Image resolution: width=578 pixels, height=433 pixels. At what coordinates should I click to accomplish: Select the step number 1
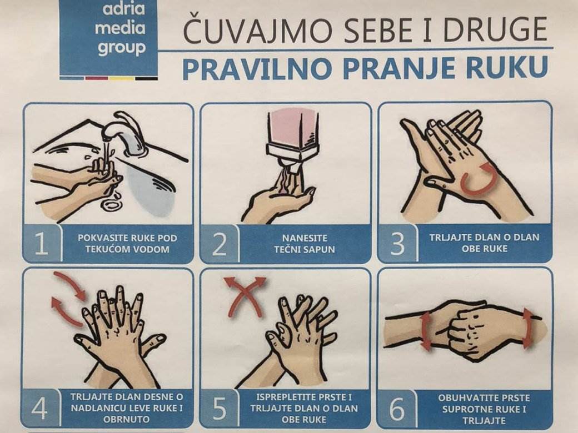click(x=41, y=244)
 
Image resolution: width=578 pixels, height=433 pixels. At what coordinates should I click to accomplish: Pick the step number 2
click(x=219, y=244)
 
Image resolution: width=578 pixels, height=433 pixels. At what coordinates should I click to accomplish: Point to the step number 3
click(x=397, y=244)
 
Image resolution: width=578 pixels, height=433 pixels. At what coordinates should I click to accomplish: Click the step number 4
click(x=40, y=409)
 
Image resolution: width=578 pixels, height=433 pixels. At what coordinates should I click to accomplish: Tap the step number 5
click(x=219, y=410)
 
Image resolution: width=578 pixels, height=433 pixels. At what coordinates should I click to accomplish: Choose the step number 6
click(x=397, y=410)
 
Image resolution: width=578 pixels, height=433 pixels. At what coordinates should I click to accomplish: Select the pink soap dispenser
click(x=293, y=133)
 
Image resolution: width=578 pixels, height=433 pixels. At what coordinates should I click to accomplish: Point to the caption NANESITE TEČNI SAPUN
click(x=304, y=244)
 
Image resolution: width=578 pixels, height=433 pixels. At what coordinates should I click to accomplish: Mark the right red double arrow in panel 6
click(x=527, y=329)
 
